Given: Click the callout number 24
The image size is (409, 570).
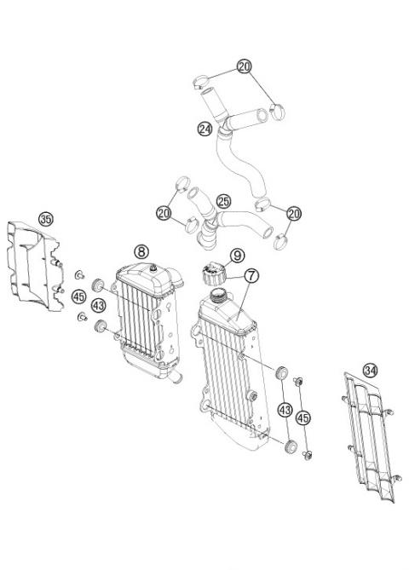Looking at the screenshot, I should [204, 130].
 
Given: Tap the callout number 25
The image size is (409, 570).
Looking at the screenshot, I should [223, 201].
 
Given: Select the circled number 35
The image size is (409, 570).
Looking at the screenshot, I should [46, 218].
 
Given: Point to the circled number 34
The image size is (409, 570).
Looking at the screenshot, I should [346, 370].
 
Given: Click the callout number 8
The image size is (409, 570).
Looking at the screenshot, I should [141, 250].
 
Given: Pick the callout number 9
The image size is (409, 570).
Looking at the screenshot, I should [237, 255].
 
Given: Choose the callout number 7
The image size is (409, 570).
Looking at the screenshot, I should [251, 276].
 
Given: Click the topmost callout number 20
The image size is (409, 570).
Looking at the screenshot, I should [245, 66].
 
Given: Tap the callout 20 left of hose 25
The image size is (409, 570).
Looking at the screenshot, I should [163, 211].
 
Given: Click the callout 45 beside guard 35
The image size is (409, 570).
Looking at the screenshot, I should [78, 297].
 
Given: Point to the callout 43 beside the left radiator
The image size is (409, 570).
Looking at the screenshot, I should [99, 304].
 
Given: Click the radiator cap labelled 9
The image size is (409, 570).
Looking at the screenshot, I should [210, 275].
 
